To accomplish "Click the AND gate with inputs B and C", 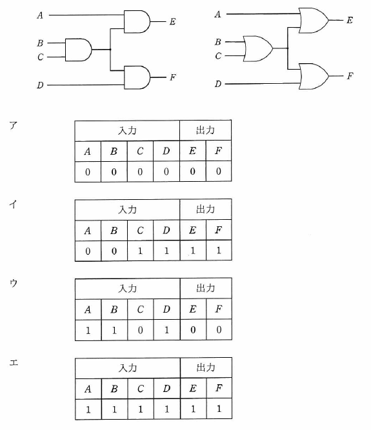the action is (79, 50).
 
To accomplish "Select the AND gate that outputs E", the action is (137, 22).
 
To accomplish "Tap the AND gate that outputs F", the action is (137, 77).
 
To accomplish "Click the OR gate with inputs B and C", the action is (258, 48).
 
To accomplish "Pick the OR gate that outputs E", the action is (314, 20).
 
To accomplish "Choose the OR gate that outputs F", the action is (314, 76).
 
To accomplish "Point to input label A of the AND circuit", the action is (40, 15).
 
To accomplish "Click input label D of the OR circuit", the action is (218, 84).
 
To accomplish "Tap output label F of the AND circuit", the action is (173, 77).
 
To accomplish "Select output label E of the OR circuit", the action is (350, 20).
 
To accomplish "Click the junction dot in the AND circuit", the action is (110, 50).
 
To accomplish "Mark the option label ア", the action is (14, 125).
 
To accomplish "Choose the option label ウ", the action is (14, 283).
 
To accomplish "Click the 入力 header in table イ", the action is (127, 210).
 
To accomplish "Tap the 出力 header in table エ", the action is (206, 367).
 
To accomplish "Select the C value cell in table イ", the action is (140, 251).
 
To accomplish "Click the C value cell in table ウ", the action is (140, 330).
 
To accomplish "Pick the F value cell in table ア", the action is (219, 171).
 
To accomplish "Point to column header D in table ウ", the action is (166, 309).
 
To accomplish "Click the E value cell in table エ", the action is (193, 409).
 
